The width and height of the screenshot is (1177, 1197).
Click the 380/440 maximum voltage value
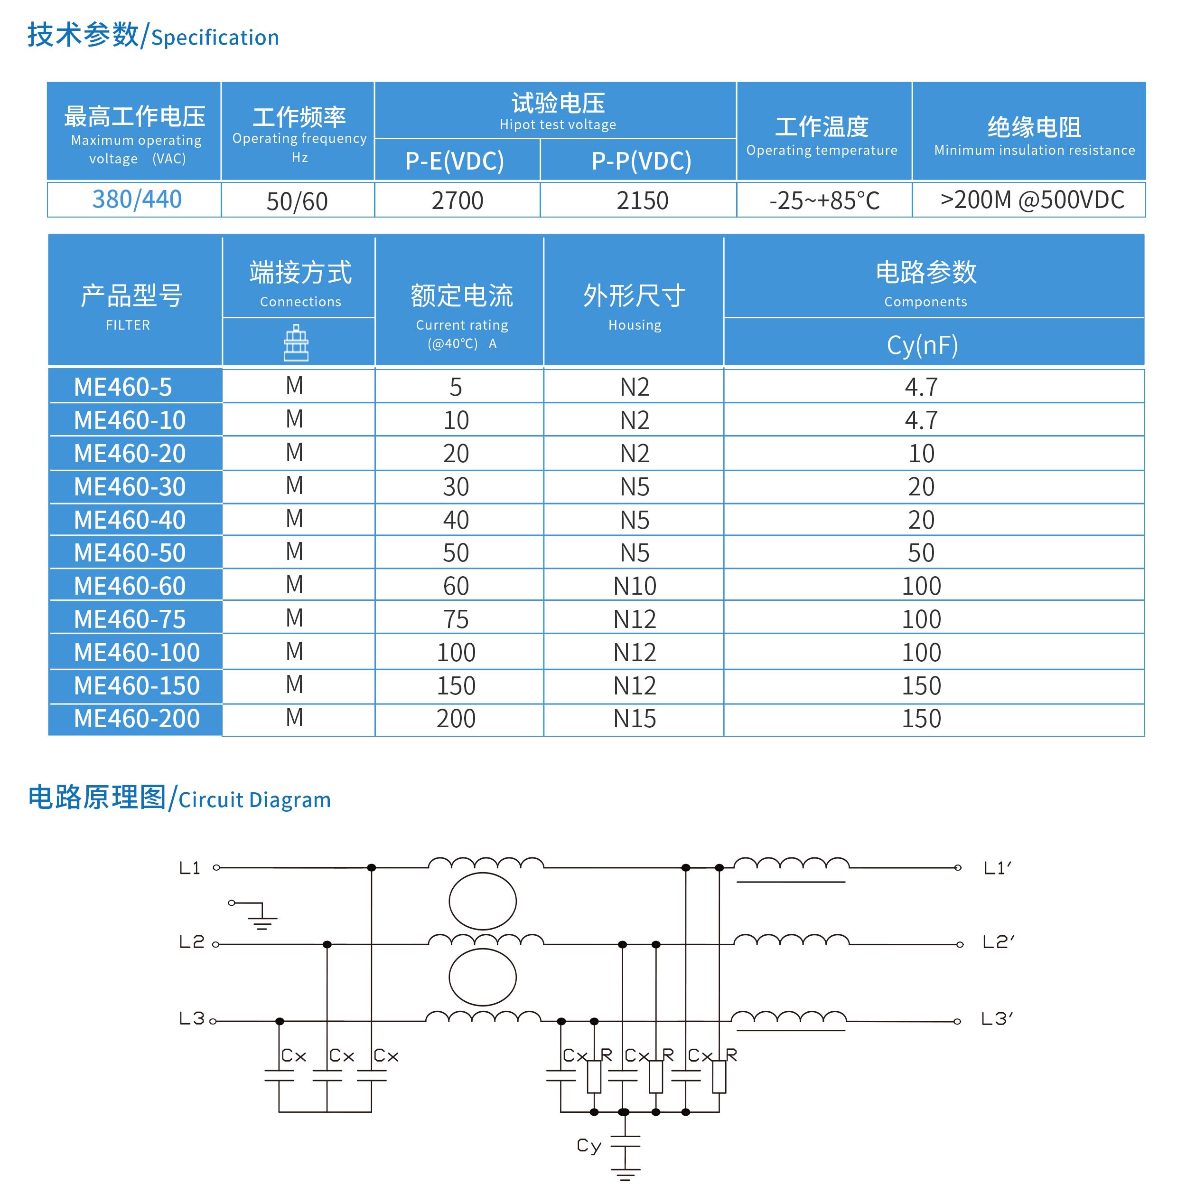137,199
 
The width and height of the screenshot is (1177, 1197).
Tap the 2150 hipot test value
642,200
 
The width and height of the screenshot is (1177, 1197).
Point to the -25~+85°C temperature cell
824,200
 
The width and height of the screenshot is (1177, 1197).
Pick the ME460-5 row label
123,387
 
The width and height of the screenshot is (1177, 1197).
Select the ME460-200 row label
137,719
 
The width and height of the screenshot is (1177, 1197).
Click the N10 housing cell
635,586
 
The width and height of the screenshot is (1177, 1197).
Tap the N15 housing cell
635,719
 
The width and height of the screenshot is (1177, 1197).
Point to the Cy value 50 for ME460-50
921,553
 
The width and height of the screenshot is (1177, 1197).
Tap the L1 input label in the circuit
190,868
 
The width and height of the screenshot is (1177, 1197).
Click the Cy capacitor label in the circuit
589,1146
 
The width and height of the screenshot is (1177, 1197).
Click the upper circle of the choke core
482,901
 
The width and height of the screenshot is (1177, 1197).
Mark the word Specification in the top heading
215,38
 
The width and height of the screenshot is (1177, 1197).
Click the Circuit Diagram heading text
255,800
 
